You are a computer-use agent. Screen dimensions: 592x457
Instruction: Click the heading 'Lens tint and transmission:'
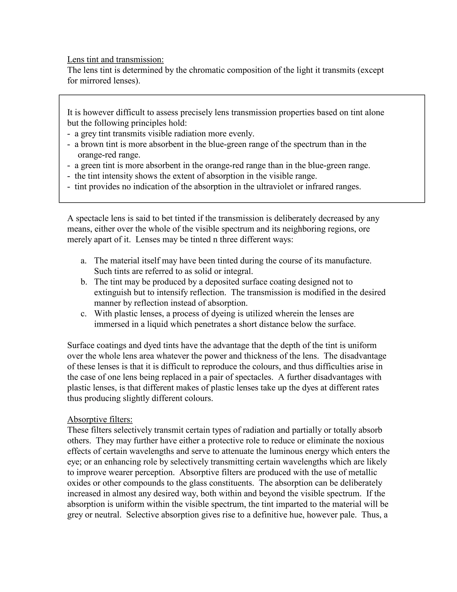[x=115, y=59]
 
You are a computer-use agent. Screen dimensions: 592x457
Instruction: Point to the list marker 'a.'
[x=83, y=260]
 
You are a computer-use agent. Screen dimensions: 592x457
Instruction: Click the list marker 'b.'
[x=84, y=282]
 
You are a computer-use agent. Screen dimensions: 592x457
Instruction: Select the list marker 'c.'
[x=83, y=314]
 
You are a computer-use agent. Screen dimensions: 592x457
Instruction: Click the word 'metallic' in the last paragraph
[x=365, y=472]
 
